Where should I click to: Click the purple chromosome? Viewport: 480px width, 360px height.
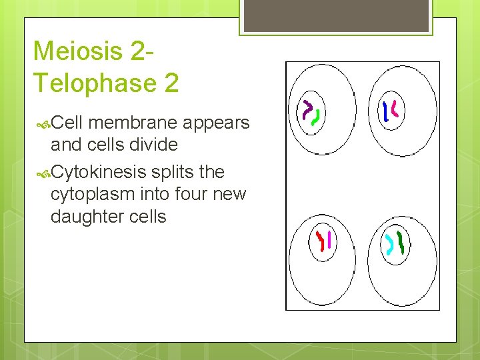coord(307,110)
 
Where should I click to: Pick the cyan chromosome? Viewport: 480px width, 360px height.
coord(389,245)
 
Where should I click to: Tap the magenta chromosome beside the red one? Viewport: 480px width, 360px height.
coord(329,240)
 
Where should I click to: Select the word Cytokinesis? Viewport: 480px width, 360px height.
coord(99,172)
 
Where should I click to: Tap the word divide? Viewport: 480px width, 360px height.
coord(154,145)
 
